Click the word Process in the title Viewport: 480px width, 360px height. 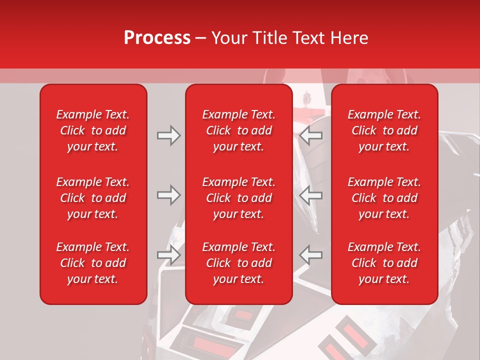[157, 38]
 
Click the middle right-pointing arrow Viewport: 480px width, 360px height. [168, 195]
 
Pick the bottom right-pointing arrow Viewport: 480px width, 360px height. [168, 254]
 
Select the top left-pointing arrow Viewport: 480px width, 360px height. [311, 135]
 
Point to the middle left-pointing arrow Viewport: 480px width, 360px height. [311, 195]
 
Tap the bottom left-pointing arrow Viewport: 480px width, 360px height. [311, 254]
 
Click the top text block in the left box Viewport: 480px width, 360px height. [93, 130]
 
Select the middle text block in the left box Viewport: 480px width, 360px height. [93, 198]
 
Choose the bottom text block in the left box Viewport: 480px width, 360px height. [93, 263]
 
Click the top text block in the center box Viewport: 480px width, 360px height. [238, 130]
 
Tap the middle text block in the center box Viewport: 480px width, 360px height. [238, 198]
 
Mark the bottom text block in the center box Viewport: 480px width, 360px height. [238, 263]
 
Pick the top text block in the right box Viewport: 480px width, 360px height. [384, 130]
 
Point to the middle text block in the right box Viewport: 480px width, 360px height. [384, 198]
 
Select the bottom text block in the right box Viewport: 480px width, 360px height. [384, 263]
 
